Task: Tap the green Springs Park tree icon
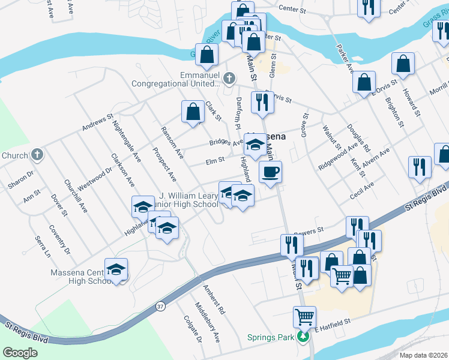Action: pos(304,337)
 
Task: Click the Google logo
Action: pos(20,353)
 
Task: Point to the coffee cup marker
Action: pos(270,172)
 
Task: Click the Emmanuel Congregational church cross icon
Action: pos(229,78)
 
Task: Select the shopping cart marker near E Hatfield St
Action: pos(304,316)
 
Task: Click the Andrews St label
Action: pos(97,122)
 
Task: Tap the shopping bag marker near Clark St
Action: pos(193,112)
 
